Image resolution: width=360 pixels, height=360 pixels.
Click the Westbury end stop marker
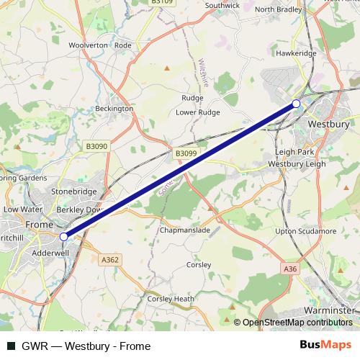pos(296,104)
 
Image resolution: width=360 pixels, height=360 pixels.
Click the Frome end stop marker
pos(63,236)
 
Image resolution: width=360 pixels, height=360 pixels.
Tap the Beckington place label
pos(114,109)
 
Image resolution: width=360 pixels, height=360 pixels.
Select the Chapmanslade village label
pos(185,231)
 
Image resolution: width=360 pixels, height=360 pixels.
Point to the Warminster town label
pos(328,310)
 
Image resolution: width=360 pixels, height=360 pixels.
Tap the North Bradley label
pos(277,9)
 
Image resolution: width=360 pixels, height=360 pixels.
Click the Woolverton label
pos(88,45)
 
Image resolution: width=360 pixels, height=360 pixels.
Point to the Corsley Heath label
pos(171,298)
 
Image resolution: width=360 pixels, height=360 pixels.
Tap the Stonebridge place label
pos(73,192)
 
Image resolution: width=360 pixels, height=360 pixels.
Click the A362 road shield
pos(110,259)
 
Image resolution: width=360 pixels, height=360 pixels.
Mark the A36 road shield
pos(290,269)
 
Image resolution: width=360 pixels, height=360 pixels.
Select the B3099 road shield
pos(186,153)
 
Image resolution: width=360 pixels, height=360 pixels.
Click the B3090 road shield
pos(96,146)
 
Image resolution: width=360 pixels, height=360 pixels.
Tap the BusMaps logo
pos(327,346)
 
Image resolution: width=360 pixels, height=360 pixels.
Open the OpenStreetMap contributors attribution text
pos(297,323)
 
